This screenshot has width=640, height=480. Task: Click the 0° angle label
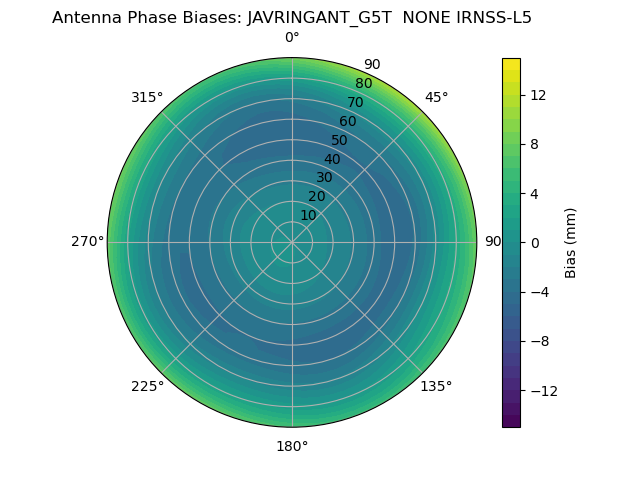[292, 38]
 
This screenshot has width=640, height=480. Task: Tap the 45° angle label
[437, 97]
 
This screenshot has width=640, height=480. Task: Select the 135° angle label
[436, 386]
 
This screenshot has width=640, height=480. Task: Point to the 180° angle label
[292, 446]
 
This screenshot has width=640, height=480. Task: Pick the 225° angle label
[147, 386]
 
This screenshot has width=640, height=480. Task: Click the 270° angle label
[87, 241]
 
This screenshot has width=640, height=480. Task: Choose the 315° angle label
[147, 97]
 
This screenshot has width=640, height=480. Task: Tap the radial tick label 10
[308, 215]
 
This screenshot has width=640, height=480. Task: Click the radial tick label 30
[324, 177]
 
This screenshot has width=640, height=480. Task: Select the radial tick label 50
[340, 140]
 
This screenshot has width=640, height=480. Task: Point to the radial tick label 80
[363, 84]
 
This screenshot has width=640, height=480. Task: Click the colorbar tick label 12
[538, 95]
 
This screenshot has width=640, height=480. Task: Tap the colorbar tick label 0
[535, 242]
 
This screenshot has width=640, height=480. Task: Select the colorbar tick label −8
[538, 341]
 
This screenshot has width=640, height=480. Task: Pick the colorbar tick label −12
[542, 391]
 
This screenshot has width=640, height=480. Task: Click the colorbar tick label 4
[534, 193]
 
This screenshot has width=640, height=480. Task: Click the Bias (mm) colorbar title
[571, 242]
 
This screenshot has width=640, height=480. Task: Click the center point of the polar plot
[292, 242]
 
